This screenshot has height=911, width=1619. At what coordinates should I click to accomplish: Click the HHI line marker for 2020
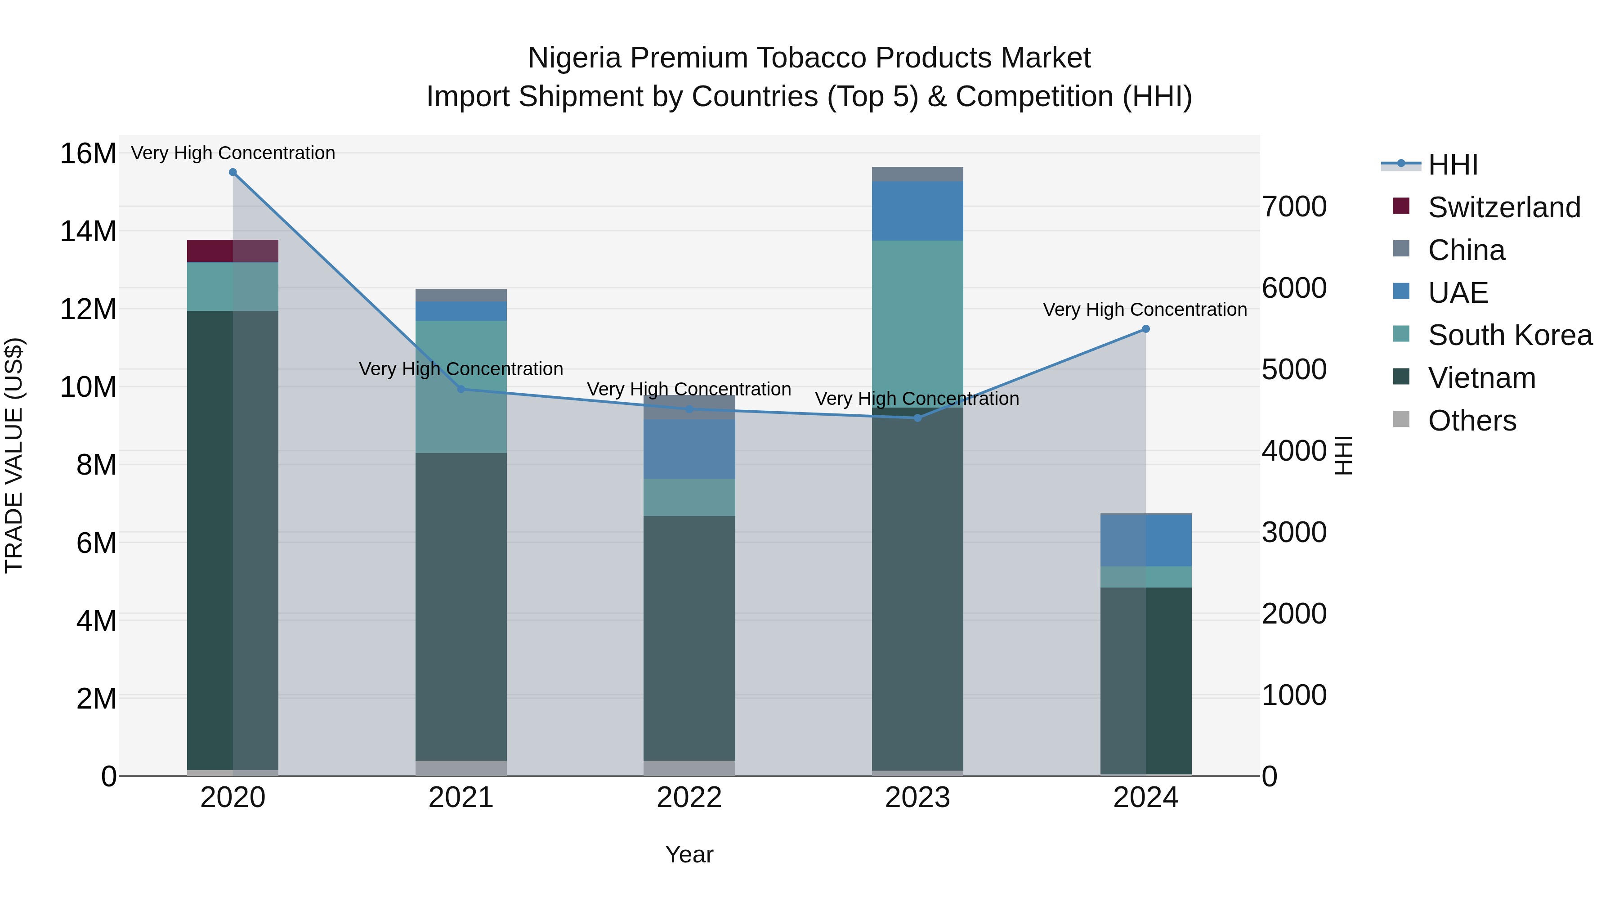tap(233, 172)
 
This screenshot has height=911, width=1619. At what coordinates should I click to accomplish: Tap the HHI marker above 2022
tap(689, 409)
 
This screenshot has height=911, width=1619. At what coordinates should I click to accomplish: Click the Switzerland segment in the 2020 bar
tap(233, 251)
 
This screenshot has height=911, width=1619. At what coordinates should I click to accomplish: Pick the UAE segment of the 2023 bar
tap(917, 211)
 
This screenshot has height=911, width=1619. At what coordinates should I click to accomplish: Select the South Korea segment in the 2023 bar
tap(917, 324)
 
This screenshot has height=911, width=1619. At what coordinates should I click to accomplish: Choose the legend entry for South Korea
tap(1510, 335)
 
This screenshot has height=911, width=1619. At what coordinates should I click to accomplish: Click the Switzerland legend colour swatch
tap(1401, 206)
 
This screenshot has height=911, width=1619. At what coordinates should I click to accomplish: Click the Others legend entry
tap(1471, 421)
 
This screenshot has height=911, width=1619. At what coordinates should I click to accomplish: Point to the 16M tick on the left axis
tap(88, 153)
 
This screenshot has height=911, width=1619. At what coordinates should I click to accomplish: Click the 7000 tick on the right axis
tap(1295, 207)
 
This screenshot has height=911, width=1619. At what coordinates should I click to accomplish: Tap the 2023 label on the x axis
tap(917, 798)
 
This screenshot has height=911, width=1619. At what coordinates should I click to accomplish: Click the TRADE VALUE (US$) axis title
tap(14, 455)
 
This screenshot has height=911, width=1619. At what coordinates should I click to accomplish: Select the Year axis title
tap(689, 854)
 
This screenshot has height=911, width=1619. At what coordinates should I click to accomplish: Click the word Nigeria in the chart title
tap(575, 58)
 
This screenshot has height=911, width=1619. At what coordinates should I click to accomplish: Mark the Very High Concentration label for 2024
tap(1145, 310)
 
